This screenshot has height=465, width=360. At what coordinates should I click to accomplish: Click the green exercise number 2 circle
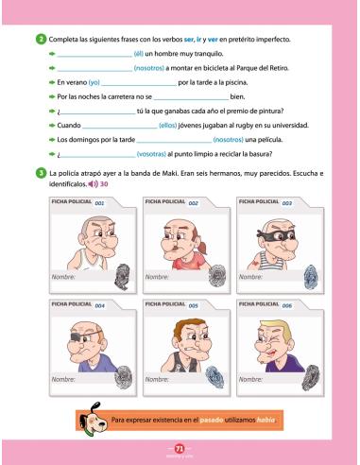41,37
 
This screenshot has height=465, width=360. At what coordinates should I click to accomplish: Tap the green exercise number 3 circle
41,175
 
